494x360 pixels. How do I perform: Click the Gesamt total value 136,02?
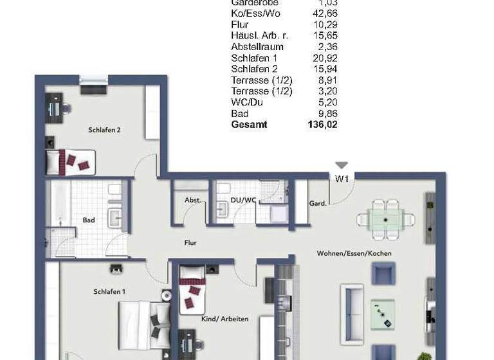(x=323, y=125)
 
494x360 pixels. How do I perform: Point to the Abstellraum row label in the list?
(x=257, y=47)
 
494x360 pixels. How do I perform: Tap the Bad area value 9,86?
(x=326, y=113)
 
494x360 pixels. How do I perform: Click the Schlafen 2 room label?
(x=104, y=130)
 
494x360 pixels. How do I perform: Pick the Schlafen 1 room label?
(x=109, y=291)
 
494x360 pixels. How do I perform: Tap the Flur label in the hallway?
(x=190, y=243)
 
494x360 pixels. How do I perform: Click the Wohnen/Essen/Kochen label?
(x=354, y=253)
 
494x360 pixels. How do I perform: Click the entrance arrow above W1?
(x=341, y=166)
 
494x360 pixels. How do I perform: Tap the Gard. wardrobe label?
(x=318, y=203)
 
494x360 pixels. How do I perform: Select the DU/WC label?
(x=243, y=200)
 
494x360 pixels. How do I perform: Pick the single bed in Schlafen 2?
(x=70, y=161)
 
